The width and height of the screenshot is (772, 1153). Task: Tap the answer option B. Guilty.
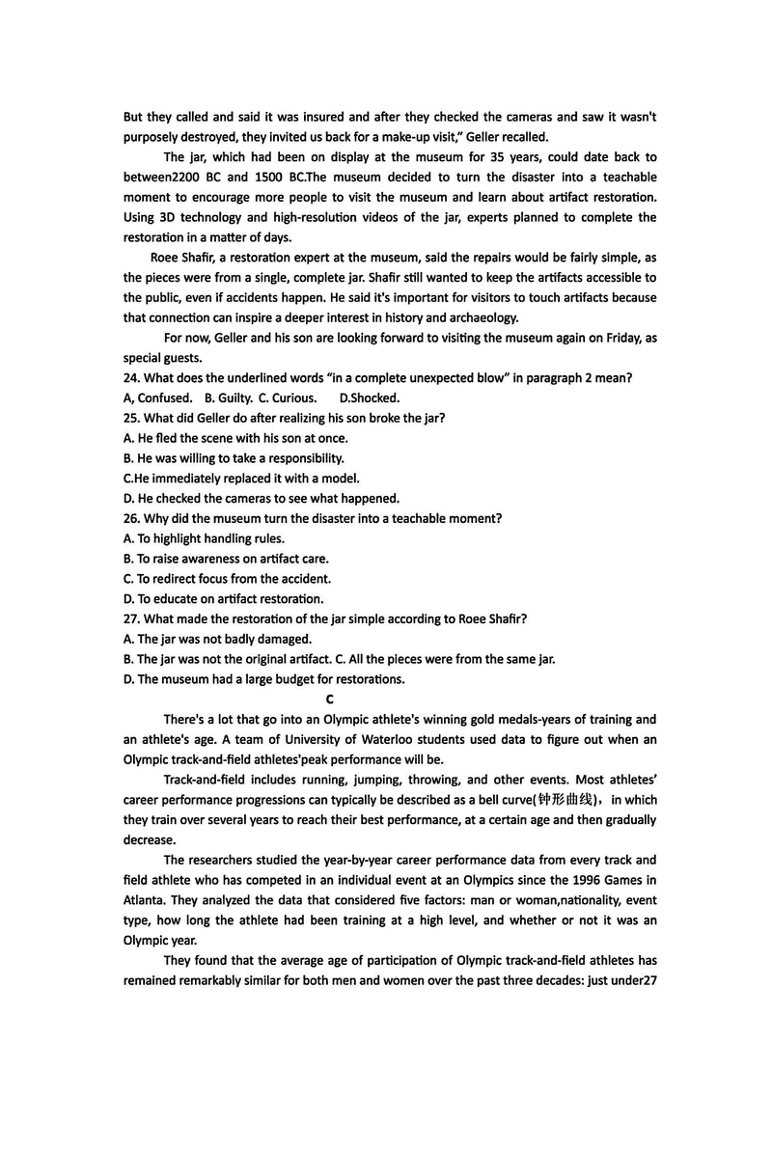pyautogui.click(x=226, y=398)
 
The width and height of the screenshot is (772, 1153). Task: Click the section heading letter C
pyautogui.click(x=330, y=699)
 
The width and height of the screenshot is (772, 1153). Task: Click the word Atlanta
pyautogui.click(x=145, y=899)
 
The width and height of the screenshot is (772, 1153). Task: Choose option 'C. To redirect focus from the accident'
pyautogui.click(x=227, y=579)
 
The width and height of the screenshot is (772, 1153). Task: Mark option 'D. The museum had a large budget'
pyautogui.click(x=263, y=679)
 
